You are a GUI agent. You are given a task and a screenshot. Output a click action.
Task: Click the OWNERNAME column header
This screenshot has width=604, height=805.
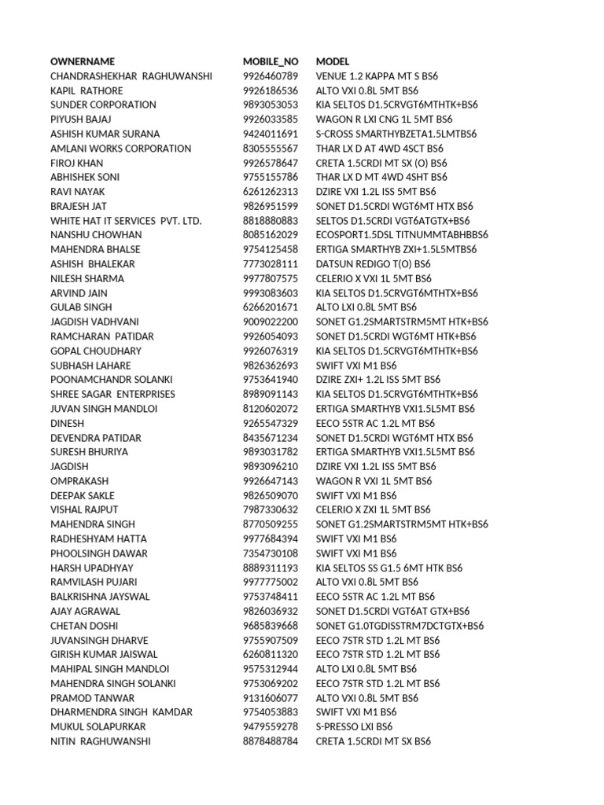(x=83, y=61)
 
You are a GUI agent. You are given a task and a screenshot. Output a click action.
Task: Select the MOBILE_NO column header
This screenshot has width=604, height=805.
(x=271, y=61)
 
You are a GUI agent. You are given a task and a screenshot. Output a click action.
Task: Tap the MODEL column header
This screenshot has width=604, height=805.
(x=333, y=61)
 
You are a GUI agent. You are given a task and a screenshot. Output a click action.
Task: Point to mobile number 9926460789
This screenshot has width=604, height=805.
(x=271, y=76)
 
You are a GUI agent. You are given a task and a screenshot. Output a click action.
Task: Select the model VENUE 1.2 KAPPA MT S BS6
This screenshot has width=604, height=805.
(x=377, y=76)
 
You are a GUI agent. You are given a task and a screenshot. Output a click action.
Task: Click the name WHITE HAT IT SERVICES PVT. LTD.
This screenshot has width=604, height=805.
(x=126, y=221)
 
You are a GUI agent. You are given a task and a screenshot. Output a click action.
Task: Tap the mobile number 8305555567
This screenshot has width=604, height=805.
(x=271, y=149)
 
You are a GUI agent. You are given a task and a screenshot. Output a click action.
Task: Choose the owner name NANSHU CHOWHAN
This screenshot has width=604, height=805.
(x=96, y=235)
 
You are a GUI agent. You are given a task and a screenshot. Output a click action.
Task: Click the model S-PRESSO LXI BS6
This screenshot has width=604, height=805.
(x=354, y=726)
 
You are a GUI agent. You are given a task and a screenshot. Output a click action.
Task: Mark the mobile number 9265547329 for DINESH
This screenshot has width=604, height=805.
(x=271, y=423)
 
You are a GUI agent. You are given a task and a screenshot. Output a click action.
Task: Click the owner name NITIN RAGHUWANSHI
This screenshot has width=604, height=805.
(x=101, y=741)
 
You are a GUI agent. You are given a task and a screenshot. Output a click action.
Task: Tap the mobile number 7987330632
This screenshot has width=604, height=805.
(x=271, y=509)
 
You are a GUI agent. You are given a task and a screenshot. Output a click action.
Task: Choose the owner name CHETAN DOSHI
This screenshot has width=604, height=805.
(x=84, y=626)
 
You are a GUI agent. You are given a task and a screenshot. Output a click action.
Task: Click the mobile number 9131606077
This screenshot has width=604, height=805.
(x=271, y=698)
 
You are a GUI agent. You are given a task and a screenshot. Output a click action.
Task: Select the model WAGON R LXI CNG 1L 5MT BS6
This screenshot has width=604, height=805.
(x=385, y=119)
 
